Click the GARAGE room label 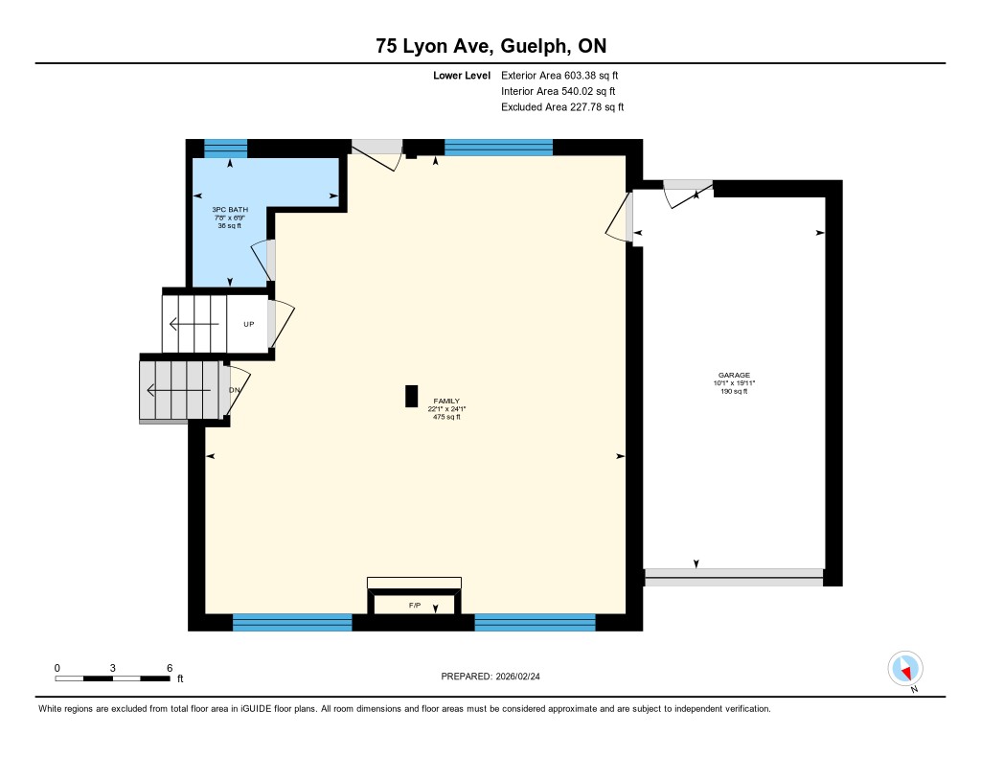coord(734,375)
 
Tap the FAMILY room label coord(446,401)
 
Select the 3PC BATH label coord(230,209)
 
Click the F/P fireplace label coord(415,606)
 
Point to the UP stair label coord(249,324)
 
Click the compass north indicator coord(905,670)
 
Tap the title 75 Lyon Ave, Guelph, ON coord(491,46)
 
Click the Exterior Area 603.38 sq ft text coord(559,75)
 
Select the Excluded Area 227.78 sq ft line coord(562,107)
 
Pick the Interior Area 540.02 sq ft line coord(559,91)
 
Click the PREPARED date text coord(490,676)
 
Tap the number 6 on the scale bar coord(170,668)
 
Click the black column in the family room coord(411,396)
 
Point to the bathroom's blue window coord(226,149)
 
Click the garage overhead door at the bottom coord(734,577)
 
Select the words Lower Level coord(462,76)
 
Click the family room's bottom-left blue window coord(292,622)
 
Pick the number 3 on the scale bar coord(113,668)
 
